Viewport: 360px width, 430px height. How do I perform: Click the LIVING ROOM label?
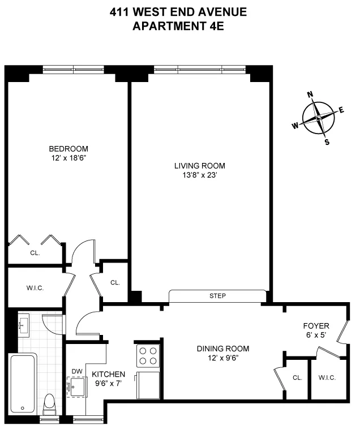199,166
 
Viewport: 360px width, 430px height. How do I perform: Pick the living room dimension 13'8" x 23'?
199,175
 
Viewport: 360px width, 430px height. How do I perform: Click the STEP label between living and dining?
217,296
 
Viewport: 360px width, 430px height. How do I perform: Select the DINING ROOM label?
222,349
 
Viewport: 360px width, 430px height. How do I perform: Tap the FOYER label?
315,326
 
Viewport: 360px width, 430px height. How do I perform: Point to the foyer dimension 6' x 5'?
315,335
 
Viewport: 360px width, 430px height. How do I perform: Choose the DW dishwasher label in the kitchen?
77,372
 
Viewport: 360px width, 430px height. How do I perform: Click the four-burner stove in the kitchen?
148,355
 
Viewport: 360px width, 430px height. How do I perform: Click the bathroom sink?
23,325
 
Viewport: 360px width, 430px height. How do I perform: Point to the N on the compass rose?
310,95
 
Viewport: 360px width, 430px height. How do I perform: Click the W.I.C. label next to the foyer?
327,377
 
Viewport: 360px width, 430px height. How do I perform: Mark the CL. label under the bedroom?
35,253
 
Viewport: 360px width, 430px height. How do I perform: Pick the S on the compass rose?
327,142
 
